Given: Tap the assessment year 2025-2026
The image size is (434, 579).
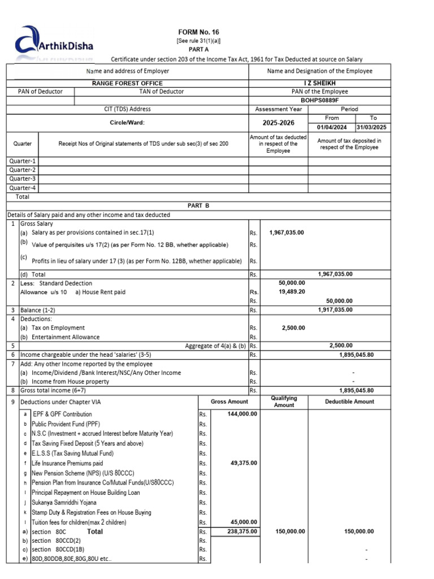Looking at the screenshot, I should coord(278,122).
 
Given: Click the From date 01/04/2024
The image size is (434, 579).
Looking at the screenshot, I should coord(332,127).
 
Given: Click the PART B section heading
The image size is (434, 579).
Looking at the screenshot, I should coord(198,206).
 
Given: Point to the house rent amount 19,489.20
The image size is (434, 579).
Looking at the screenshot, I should coord(292,292).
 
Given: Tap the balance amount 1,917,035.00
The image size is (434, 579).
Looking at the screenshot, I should coord(335,310).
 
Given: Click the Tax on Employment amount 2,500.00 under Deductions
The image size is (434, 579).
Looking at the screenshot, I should coord(293,327).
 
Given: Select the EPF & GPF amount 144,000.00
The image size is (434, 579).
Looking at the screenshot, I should coord(242,414).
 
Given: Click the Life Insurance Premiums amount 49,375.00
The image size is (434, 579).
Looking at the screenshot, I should coord(244,463).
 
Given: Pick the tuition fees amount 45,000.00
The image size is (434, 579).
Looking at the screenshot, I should coord(244,522).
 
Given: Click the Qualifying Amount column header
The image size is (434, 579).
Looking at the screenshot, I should coord(284,401).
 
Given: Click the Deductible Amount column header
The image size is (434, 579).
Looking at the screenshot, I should coord(349,401).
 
